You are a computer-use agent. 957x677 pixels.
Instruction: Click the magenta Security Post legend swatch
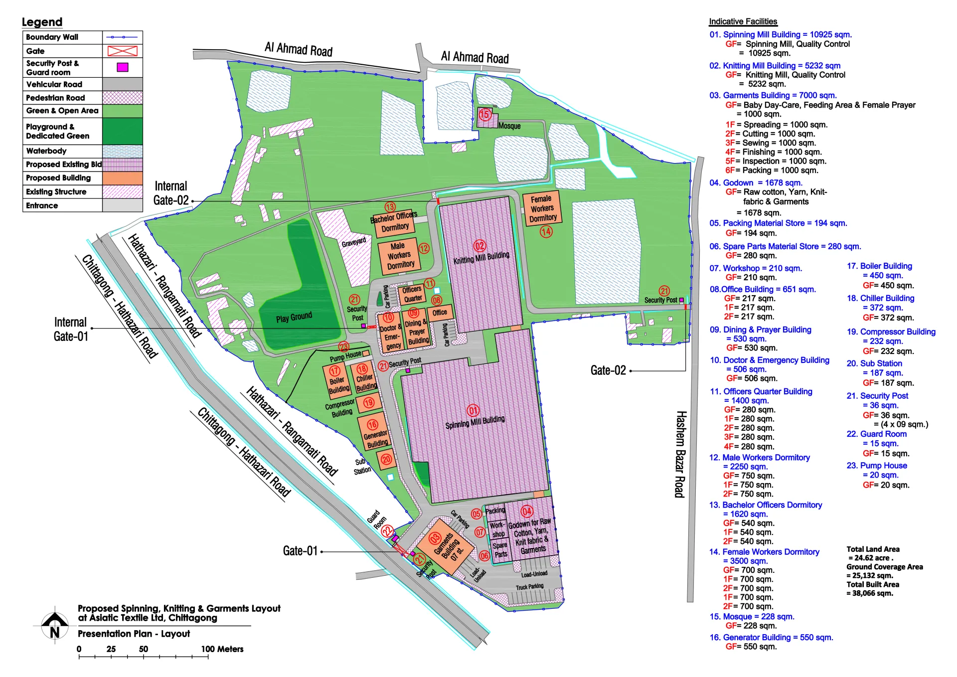point(122,67)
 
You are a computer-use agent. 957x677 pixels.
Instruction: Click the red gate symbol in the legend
point(122,51)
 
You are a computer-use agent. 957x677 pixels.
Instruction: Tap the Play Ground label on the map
point(294,318)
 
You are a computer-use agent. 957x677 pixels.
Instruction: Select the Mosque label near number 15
point(509,126)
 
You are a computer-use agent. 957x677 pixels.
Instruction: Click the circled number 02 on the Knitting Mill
point(479,246)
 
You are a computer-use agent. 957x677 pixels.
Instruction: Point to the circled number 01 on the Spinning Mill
point(473,410)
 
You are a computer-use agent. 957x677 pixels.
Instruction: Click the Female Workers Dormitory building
point(542,208)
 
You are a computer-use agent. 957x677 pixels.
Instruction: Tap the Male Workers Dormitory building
point(399,255)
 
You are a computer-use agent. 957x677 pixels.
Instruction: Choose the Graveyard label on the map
point(353,242)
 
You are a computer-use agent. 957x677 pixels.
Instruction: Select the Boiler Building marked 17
point(337,381)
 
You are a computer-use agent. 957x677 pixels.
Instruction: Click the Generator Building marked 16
point(375,433)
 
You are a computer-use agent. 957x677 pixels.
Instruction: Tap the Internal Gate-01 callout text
point(71,329)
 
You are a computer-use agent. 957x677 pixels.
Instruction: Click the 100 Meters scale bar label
point(222,649)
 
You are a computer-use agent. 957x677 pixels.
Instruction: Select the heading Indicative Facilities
point(743,21)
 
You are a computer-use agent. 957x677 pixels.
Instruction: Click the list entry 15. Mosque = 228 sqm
point(752,617)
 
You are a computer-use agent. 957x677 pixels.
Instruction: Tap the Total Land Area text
point(872,549)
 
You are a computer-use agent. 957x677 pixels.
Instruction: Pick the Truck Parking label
point(529,587)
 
